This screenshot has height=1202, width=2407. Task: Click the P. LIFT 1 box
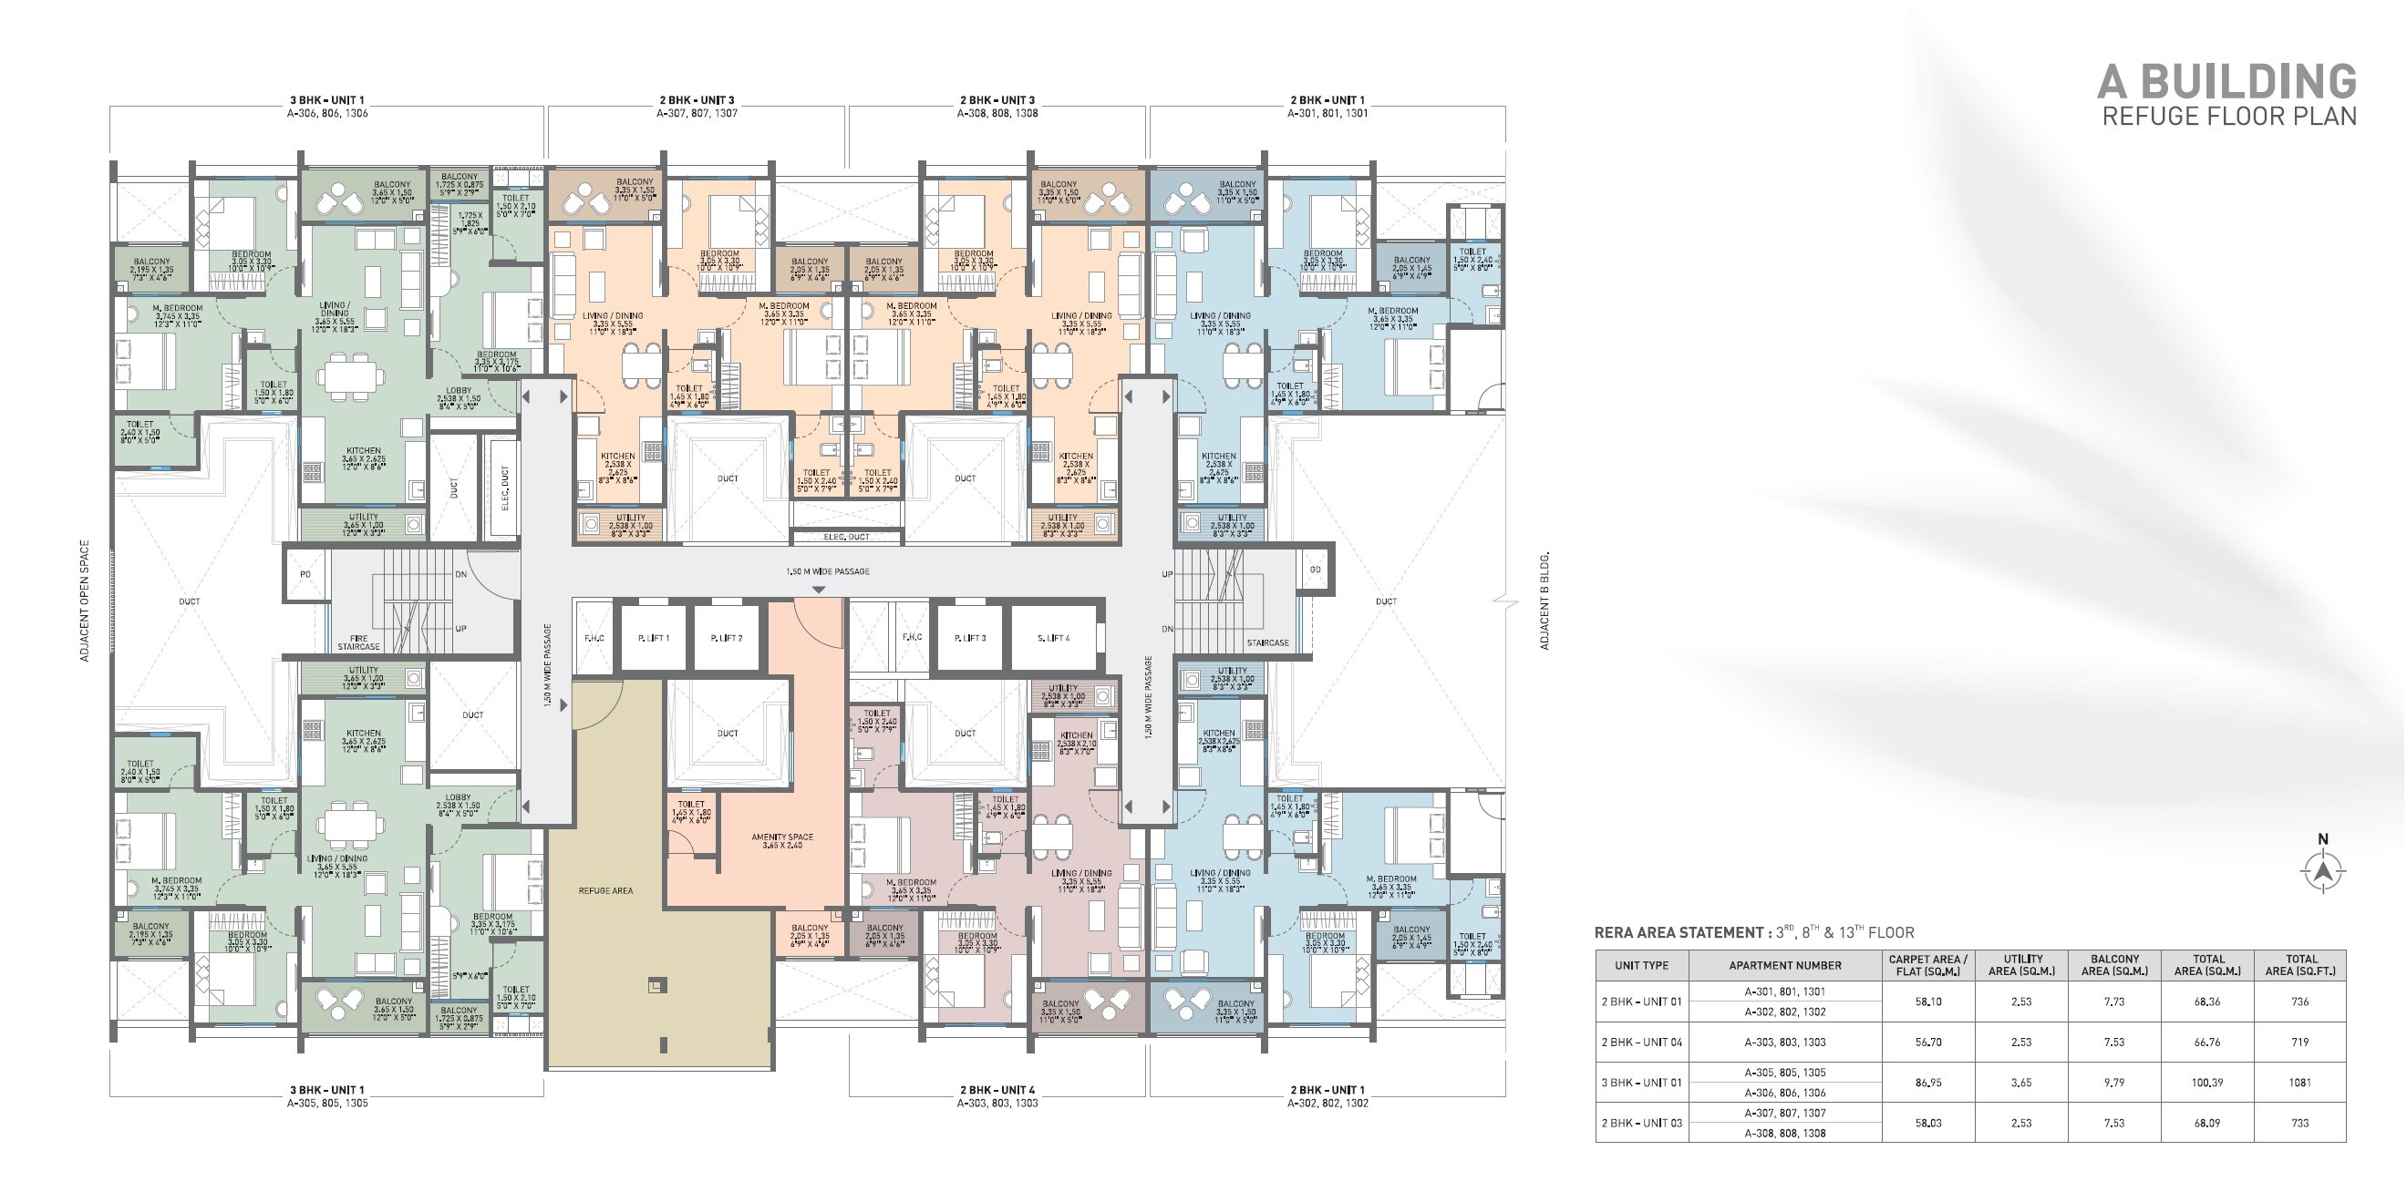pyautogui.click(x=654, y=638)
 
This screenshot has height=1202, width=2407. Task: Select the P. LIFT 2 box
pyautogui.click(x=726, y=638)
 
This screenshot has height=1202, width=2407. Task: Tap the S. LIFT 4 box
pyautogui.click(x=1053, y=638)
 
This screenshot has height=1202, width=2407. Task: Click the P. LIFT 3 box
pyautogui.click(x=970, y=638)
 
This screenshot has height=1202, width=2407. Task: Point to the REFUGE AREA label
pyautogui.click(x=605, y=891)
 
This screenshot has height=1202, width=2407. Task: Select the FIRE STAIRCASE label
pyautogui.click(x=359, y=642)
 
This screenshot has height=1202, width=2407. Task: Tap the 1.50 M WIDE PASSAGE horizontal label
pyautogui.click(x=828, y=571)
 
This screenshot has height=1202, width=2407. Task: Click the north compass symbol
pyautogui.click(x=2323, y=870)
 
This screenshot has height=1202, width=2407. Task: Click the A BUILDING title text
pyautogui.click(x=2226, y=82)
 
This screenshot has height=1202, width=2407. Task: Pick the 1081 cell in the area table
pyautogui.click(x=2299, y=1083)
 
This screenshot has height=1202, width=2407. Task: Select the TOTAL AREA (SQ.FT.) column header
pyautogui.click(x=2299, y=965)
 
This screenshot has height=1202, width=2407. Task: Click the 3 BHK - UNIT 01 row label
pyautogui.click(x=1642, y=1083)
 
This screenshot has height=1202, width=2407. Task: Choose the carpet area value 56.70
pyautogui.click(x=1927, y=1043)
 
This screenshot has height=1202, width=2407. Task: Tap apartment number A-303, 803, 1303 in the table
pyautogui.click(x=1784, y=1043)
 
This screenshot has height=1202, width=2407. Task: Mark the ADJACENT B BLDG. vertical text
pyautogui.click(x=1544, y=601)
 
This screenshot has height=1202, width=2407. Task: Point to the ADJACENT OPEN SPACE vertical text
pyautogui.click(x=84, y=601)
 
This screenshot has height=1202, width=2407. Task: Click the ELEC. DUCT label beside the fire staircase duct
pyautogui.click(x=504, y=488)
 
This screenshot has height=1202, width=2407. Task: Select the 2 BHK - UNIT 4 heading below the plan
pyautogui.click(x=997, y=1090)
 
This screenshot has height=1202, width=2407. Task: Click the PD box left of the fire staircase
pyautogui.click(x=305, y=574)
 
